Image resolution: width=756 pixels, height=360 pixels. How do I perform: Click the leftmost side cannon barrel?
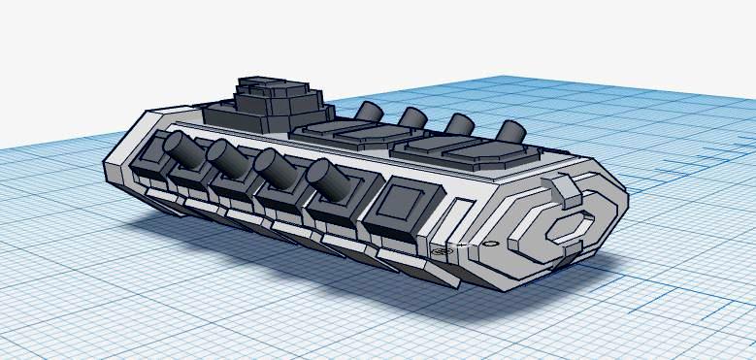click(x=180, y=148)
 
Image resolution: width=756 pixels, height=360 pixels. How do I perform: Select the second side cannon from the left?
click(x=226, y=157)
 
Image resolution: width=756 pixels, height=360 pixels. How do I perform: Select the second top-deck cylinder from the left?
click(x=412, y=118)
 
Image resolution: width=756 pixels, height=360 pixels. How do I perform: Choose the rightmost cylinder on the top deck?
click(x=509, y=131)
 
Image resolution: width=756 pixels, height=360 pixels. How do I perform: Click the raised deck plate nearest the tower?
click(x=335, y=134)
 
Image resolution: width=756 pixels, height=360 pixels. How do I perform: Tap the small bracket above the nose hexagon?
click(x=565, y=190)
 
